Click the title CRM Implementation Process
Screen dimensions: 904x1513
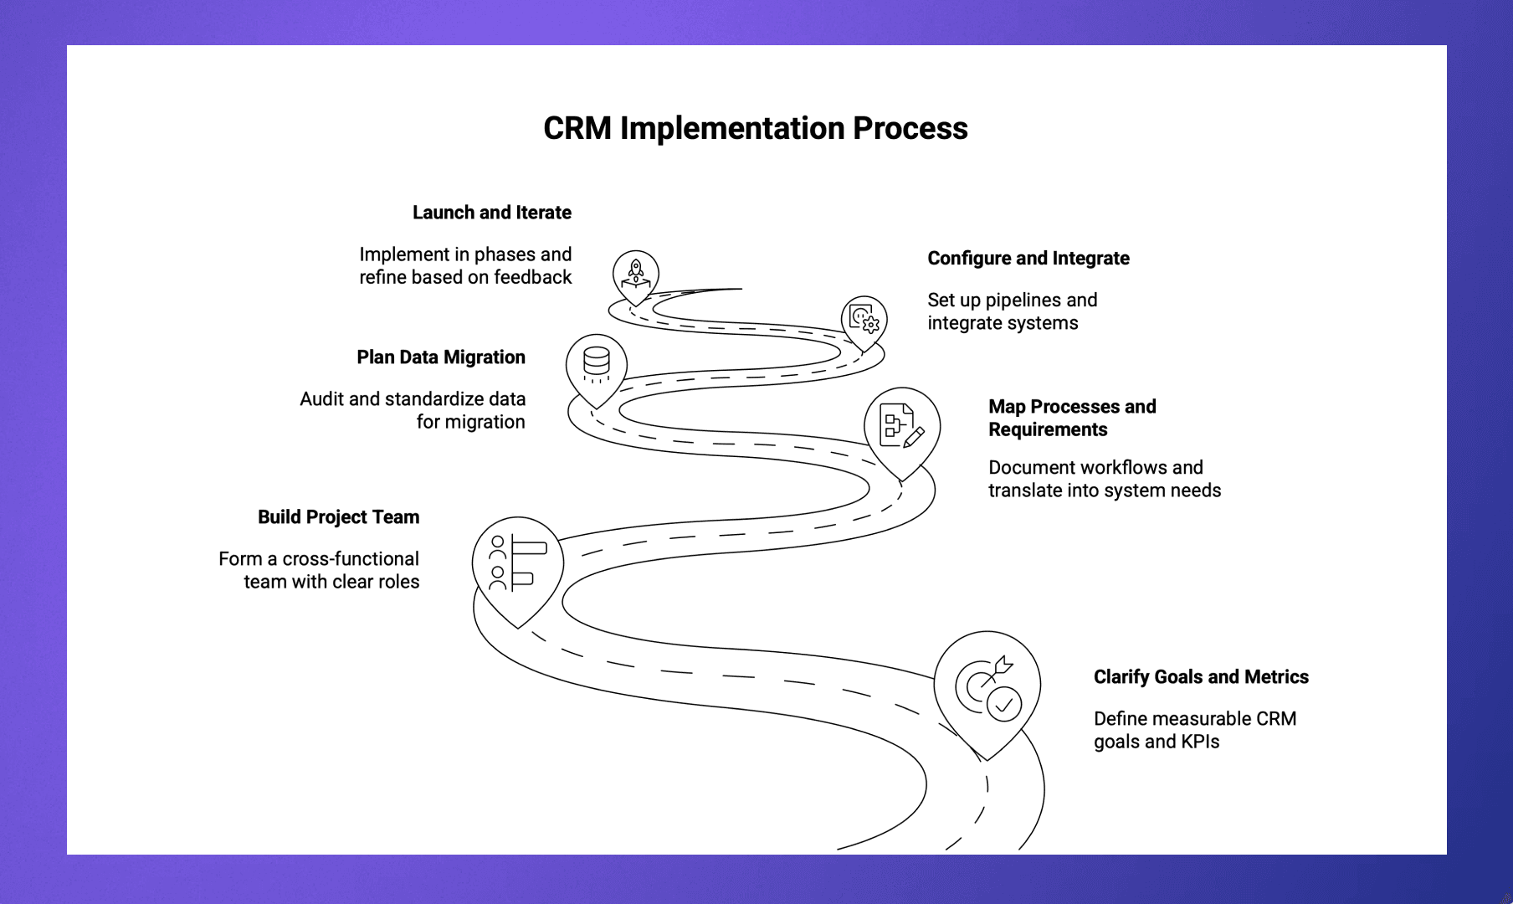coord(755,128)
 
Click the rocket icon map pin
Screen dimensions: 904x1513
coord(636,275)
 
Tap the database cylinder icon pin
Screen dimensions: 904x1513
coord(597,365)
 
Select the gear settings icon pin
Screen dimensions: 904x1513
coord(864,319)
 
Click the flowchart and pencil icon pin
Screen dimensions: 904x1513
coord(901,425)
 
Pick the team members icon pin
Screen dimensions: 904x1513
coord(517,564)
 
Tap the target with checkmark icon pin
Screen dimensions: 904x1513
coord(987,688)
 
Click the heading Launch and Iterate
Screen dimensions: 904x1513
coord(491,213)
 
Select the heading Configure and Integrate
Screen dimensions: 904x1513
coord(1028,259)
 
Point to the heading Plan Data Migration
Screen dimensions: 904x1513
coord(440,357)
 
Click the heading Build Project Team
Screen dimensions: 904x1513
coord(338,517)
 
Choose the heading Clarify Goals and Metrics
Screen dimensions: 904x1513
coord(1201,677)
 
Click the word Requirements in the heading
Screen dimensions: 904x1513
coord(1048,429)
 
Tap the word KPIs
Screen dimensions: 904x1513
coord(1200,742)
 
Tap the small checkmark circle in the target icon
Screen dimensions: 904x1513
coord(1004,705)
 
